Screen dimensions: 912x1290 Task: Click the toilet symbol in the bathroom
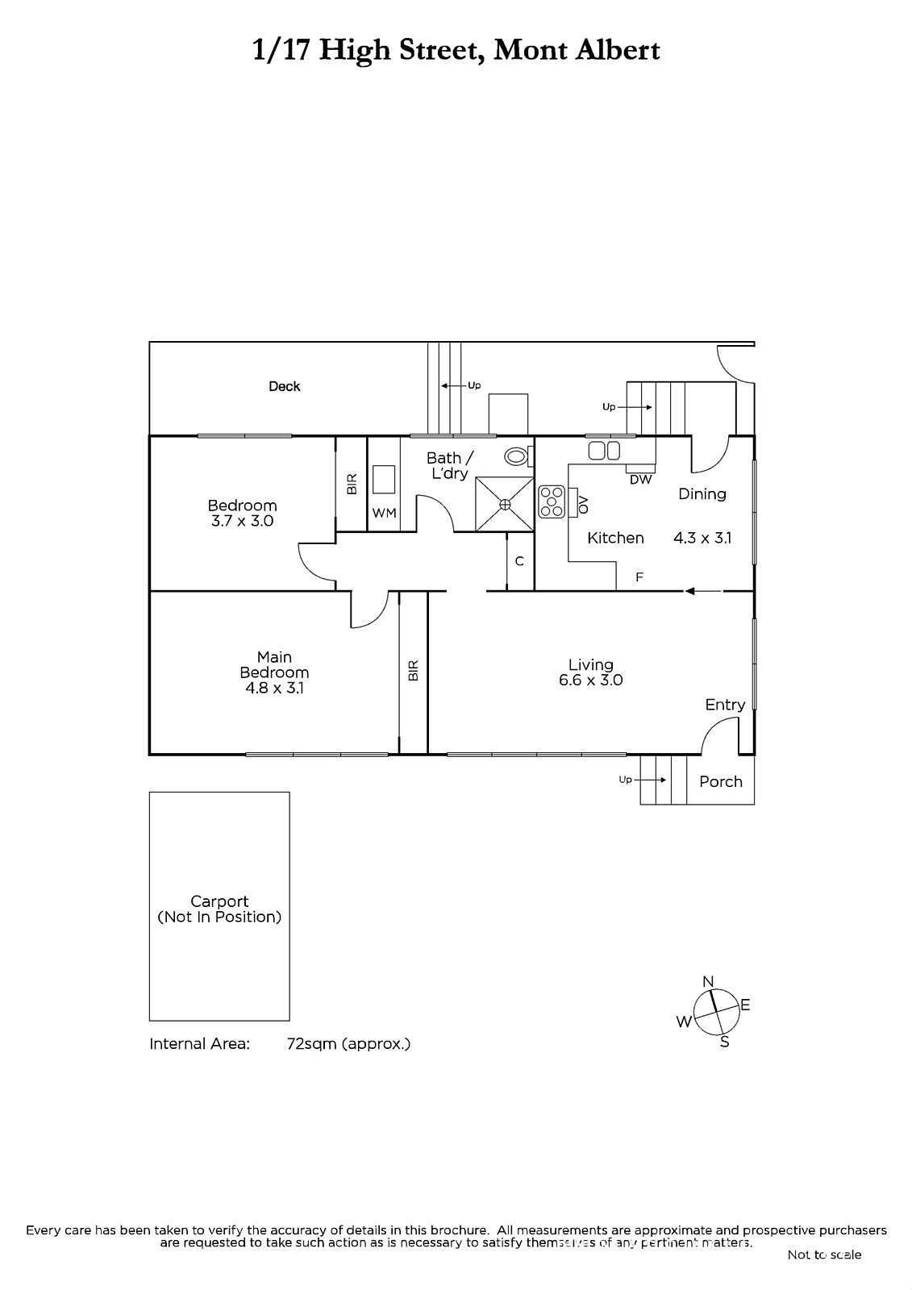click(x=518, y=457)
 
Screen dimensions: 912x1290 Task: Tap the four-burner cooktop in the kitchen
click(x=552, y=501)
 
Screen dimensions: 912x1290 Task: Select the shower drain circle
click(x=506, y=505)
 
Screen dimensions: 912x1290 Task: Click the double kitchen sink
click(x=604, y=451)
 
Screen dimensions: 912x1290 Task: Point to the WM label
click(x=384, y=513)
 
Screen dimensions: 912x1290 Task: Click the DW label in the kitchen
click(x=640, y=479)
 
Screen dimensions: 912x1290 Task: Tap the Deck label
click(x=285, y=386)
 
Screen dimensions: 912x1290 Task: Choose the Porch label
click(x=721, y=781)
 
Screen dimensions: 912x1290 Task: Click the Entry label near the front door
click(x=726, y=705)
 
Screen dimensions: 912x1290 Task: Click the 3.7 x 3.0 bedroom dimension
click(x=242, y=521)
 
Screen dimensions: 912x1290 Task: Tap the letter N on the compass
click(x=709, y=981)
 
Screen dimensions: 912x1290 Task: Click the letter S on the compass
click(x=725, y=1042)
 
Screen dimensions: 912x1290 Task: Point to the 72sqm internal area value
click(x=312, y=1044)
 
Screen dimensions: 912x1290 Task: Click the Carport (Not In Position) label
click(x=219, y=909)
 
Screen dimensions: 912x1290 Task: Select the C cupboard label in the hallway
click(x=519, y=561)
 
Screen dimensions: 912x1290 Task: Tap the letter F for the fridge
click(x=639, y=577)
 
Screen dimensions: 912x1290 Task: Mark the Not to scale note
click(x=824, y=1255)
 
